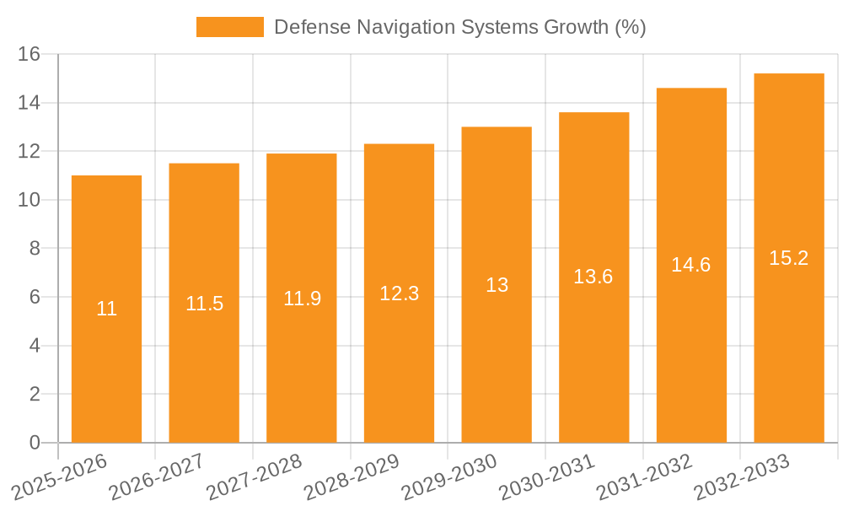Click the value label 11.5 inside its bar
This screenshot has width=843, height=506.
point(204,304)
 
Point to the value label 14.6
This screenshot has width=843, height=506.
point(691,265)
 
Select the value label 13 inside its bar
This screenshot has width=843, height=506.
point(497,285)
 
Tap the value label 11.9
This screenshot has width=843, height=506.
point(302,299)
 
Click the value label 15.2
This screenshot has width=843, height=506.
point(789,258)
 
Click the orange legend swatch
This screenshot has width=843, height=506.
point(229,27)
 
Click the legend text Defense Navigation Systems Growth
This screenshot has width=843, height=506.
point(459,27)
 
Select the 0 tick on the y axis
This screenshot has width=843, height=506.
point(35,443)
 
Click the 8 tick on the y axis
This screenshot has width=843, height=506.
point(35,249)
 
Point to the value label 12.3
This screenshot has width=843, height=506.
point(399,293)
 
